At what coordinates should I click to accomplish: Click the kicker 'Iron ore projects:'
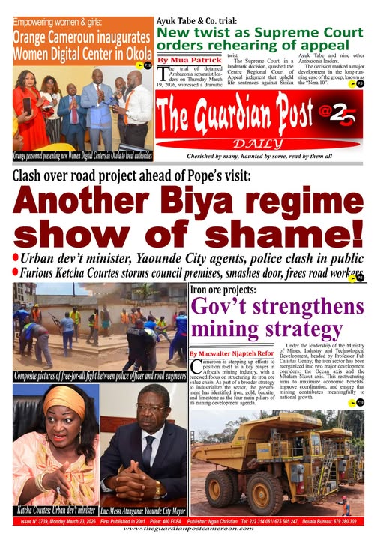click(x=223, y=289)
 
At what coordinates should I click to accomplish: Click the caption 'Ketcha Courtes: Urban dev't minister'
click(x=54, y=511)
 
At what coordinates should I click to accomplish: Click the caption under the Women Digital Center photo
click(x=82, y=155)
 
